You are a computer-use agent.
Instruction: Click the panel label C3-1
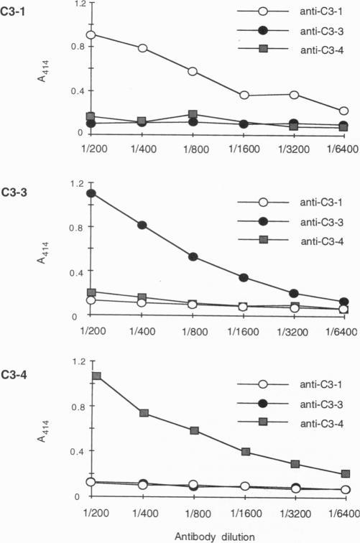coord(15,14)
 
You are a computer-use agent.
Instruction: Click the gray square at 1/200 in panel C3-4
coord(96,376)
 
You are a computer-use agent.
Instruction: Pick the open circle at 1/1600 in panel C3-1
coord(244,96)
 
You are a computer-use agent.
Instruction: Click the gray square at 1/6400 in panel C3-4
coord(345,474)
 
